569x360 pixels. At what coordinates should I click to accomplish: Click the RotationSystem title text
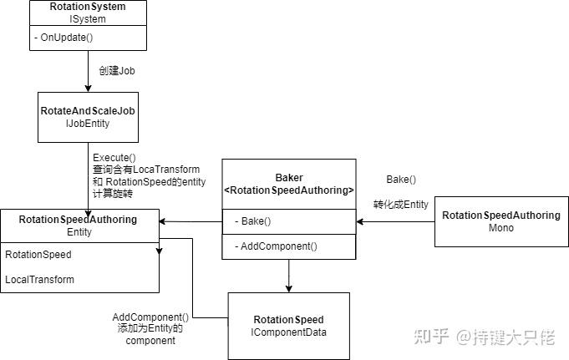click(x=87, y=7)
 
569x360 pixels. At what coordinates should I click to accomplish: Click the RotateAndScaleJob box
click(x=87, y=116)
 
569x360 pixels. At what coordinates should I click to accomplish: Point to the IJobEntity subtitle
click(x=87, y=124)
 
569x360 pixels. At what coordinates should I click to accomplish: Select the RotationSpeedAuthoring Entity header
click(x=79, y=225)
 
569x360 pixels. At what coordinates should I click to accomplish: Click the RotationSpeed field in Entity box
click(x=38, y=255)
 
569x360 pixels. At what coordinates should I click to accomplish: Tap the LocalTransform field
click(x=39, y=279)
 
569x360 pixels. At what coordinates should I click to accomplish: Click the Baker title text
click(x=289, y=178)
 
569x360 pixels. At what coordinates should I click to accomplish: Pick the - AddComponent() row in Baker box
click(x=276, y=246)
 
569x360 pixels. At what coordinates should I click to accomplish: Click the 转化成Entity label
click(x=400, y=205)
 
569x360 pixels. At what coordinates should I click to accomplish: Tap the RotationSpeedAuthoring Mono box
click(x=500, y=221)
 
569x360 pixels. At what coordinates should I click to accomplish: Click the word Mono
click(x=500, y=227)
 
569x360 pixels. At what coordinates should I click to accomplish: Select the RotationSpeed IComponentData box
click(x=288, y=326)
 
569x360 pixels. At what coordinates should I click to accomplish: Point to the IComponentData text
click(x=288, y=332)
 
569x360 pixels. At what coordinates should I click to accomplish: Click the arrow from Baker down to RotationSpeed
click(x=288, y=276)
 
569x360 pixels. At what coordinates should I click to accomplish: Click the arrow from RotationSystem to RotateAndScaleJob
click(x=87, y=71)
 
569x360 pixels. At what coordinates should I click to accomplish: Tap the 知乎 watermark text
click(x=433, y=337)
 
